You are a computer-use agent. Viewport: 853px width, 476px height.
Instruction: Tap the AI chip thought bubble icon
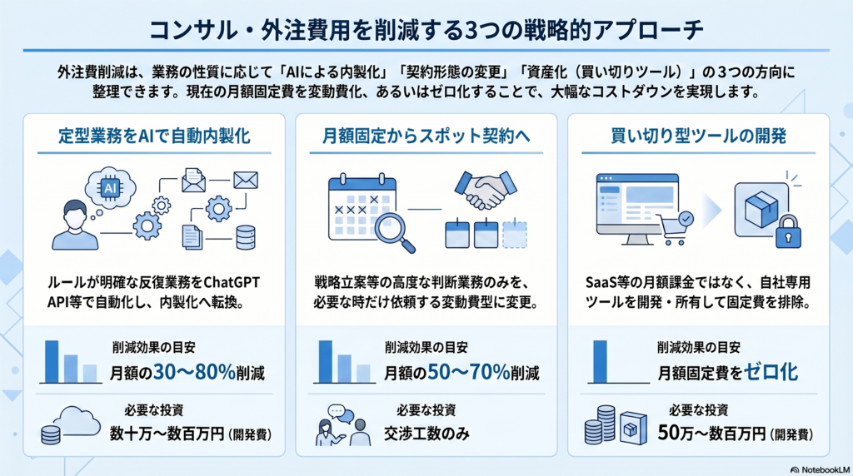[111, 187]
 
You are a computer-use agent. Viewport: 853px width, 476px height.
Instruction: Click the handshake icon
[486, 190]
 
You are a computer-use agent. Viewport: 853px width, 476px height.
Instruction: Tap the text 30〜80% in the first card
[194, 372]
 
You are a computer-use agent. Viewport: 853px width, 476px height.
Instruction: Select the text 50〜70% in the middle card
[468, 372]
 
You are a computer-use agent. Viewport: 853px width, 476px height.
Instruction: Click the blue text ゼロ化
[771, 372]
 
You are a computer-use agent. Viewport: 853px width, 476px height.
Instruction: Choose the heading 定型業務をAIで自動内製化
[154, 136]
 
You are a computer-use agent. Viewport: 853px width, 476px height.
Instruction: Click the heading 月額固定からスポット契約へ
[426, 136]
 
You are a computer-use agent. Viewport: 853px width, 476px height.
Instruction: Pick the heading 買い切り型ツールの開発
[699, 136]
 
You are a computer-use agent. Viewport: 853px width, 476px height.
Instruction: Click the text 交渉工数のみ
[426, 434]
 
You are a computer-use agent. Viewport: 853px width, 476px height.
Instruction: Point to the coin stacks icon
[600, 424]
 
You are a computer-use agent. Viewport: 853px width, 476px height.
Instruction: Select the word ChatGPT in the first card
[231, 283]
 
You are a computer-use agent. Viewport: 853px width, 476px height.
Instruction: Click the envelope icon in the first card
[246, 180]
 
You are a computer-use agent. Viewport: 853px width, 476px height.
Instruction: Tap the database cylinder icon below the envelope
[246, 237]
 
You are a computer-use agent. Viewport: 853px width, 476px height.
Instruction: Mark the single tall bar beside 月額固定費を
[600, 361]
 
